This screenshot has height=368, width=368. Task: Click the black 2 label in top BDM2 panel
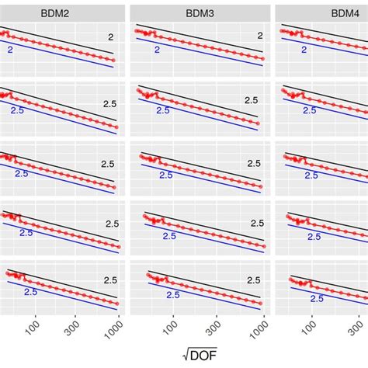tap(110, 37)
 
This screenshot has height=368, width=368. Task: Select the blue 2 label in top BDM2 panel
tap(11, 50)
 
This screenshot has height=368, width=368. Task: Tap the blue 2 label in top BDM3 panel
tap(157, 50)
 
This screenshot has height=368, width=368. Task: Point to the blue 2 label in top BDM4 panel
tap(303, 50)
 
